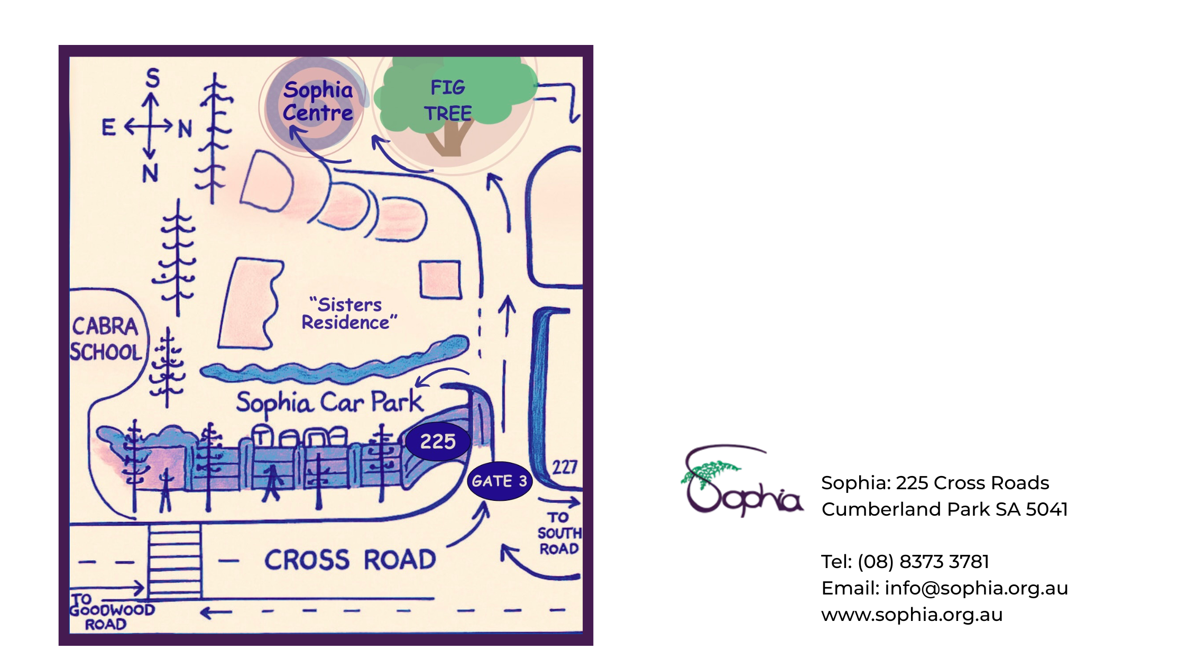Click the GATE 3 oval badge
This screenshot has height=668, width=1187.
click(x=499, y=481)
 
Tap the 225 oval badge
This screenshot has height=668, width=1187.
click(x=438, y=441)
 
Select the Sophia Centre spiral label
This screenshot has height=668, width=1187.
click(x=317, y=101)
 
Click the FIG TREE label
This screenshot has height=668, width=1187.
click(x=448, y=100)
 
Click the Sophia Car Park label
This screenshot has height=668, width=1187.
click(x=329, y=402)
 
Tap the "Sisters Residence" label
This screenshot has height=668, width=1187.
click(x=348, y=314)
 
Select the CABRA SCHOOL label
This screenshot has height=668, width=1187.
click(x=106, y=339)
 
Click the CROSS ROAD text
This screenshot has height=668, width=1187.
click(x=350, y=560)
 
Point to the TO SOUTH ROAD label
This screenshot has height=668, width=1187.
click(x=558, y=533)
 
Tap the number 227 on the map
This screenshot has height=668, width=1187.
click(x=564, y=468)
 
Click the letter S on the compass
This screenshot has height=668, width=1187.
click(x=152, y=78)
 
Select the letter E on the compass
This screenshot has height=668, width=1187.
click(x=108, y=127)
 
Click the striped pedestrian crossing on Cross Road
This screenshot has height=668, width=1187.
click(x=174, y=561)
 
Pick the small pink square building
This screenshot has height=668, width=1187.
click(x=440, y=280)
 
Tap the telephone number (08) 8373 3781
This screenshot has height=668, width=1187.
click(x=923, y=562)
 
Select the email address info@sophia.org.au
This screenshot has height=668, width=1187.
click(x=976, y=588)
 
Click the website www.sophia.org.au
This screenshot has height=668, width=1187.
click(x=912, y=615)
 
